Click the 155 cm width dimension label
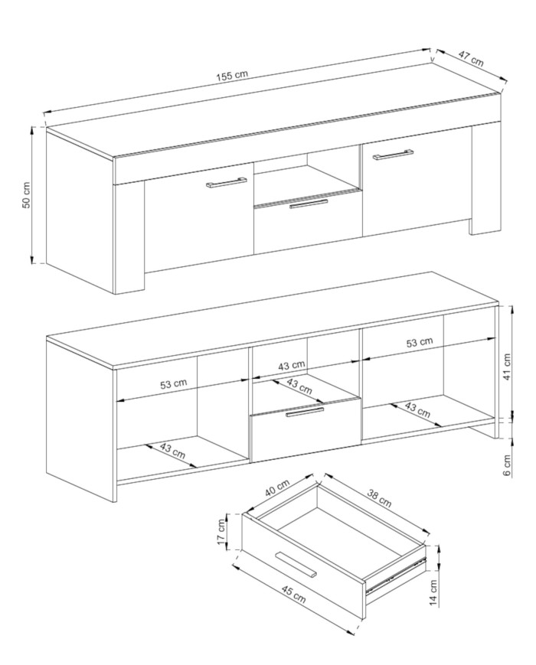pos(232,76)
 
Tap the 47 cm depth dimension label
pos(471,58)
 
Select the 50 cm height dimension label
pos(26,195)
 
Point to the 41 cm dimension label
pos(507,367)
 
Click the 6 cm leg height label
pos(508,465)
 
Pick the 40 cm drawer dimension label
pos(276,487)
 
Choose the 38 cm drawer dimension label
pos(378,497)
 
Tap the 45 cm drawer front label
pos(293,592)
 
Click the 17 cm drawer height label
pos(221,532)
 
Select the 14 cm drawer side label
pos(433,593)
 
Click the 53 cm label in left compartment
pos(173,384)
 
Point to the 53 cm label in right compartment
pos(420,343)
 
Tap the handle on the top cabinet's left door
pos(226,182)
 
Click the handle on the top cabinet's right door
pos(393,155)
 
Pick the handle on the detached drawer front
pos(296,564)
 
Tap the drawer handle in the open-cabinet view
pos(305,412)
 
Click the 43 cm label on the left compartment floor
pos(173,451)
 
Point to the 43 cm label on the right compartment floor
pos(417,409)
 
